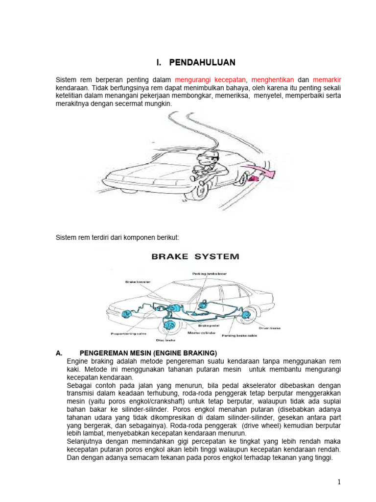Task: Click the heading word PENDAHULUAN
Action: [x=202, y=62]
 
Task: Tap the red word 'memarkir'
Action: [x=327, y=79]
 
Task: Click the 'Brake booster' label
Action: [x=138, y=282]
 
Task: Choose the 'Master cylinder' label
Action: [x=202, y=332]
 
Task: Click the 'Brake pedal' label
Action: [x=209, y=325]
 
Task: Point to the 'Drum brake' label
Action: [x=269, y=328]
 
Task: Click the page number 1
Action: [x=339, y=482]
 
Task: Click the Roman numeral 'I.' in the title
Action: [x=159, y=62]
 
